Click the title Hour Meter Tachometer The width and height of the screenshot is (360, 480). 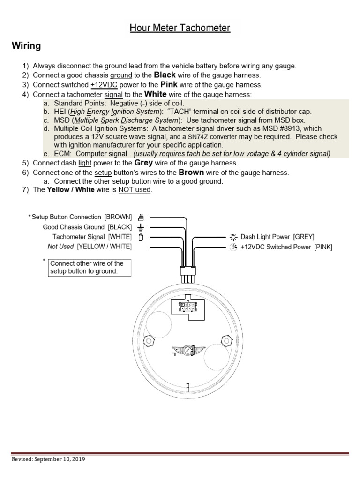180,28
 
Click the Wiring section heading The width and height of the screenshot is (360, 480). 26,46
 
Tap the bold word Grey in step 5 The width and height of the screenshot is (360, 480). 144,163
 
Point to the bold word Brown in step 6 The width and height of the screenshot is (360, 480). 191,172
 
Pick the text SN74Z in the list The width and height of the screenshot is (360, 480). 198,137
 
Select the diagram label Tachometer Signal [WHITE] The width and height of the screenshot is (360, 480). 92,237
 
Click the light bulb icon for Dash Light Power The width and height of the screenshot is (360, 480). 233,237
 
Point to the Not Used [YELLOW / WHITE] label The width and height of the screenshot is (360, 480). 90,247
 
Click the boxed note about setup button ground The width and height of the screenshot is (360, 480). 89,267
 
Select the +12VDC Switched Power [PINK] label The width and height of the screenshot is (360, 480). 286,247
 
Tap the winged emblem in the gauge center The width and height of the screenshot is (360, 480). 187,349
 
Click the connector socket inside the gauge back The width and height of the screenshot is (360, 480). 187,307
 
